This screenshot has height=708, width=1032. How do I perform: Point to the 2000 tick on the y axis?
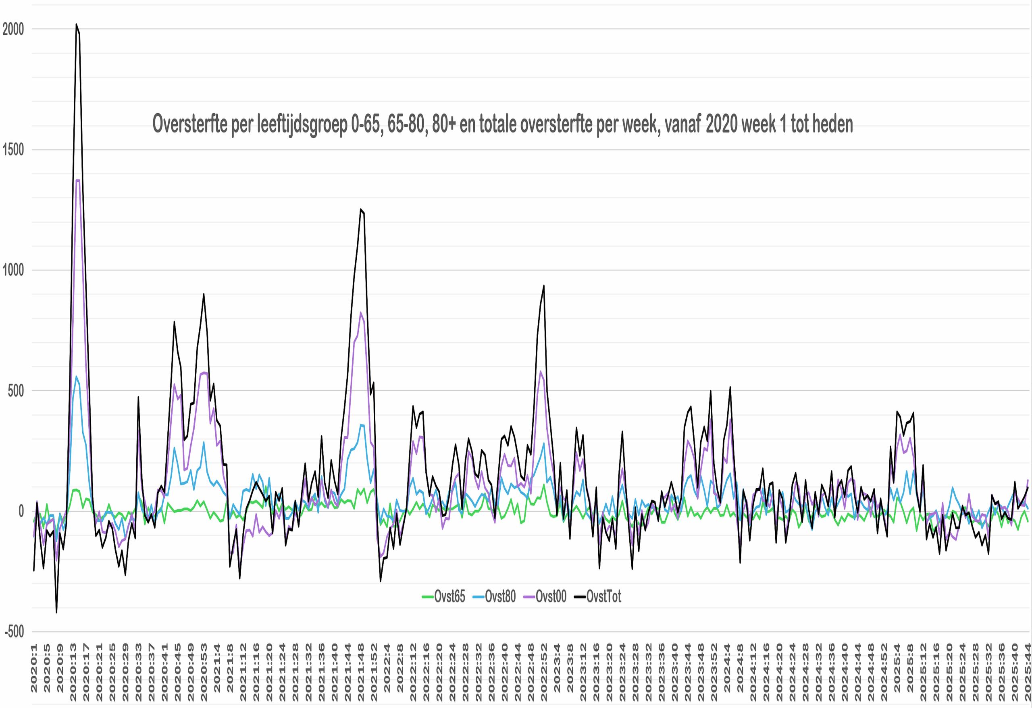click(13, 29)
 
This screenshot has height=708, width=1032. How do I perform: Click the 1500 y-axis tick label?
click(13, 150)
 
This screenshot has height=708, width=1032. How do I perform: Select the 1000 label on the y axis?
click(13, 270)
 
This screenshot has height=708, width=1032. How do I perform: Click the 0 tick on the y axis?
click(21, 511)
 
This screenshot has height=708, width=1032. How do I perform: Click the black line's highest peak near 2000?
click(76, 25)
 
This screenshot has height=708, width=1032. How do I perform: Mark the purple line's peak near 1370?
click(78, 180)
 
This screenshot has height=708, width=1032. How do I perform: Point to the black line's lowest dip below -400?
click(56, 612)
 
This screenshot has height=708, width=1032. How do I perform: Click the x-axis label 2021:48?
click(361, 671)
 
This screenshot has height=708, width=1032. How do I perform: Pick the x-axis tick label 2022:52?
click(544, 671)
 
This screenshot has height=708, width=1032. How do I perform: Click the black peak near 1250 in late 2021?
click(361, 209)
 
